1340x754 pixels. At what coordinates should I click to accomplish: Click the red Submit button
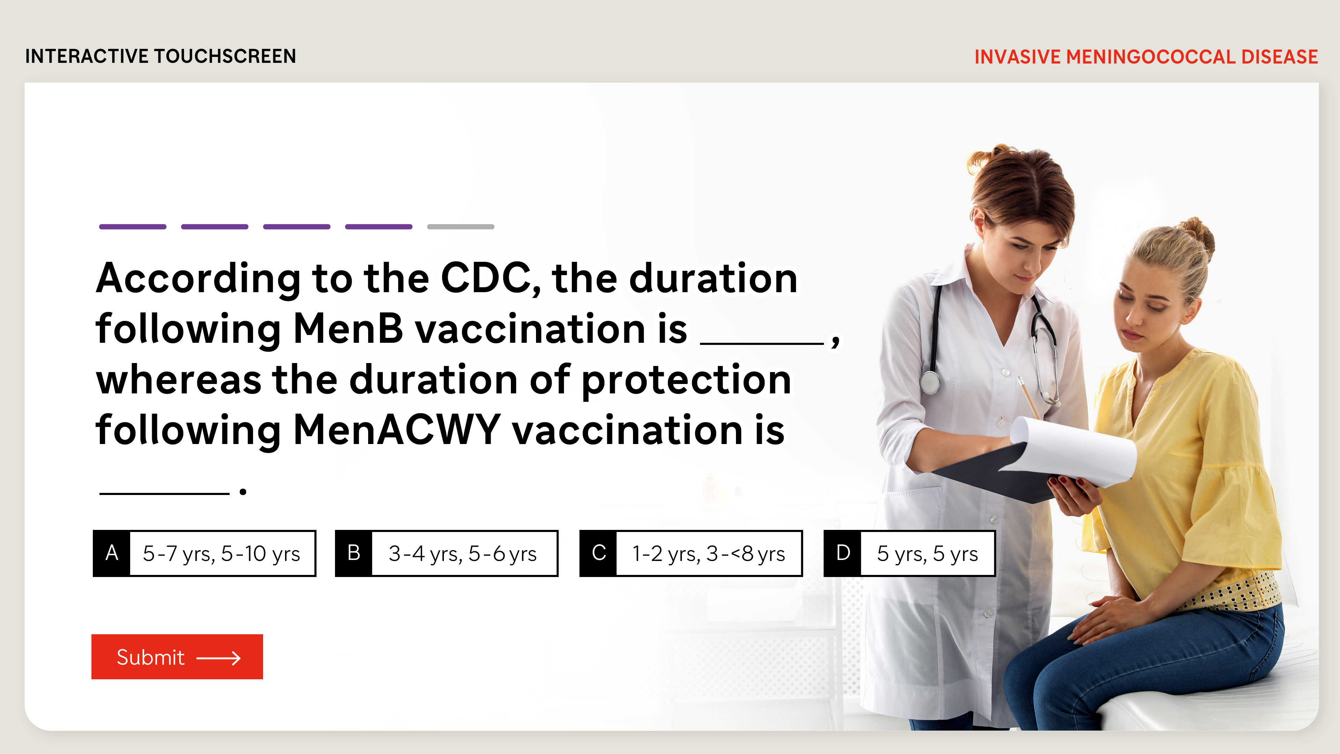click(x=177, y=657)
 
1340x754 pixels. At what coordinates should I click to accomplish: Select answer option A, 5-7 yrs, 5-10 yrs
click(x=204, y=553)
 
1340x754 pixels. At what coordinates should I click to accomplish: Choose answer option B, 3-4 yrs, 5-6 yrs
click(x=446, y=553)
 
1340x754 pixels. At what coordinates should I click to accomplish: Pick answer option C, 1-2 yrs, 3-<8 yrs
click(x=691, y=553)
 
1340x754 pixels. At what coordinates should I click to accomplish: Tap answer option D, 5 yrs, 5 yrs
click(x=909, y=553)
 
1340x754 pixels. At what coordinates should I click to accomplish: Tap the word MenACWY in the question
click(x=397, y=430)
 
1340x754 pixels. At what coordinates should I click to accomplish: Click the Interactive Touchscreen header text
click(x=161, y=56)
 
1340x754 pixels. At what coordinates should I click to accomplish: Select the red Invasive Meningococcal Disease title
click(x=1146, y=57)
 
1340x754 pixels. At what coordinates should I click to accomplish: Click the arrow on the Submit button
click(x=218, y=658)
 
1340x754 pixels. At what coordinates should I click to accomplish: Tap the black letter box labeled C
click(x=598, y=553)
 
